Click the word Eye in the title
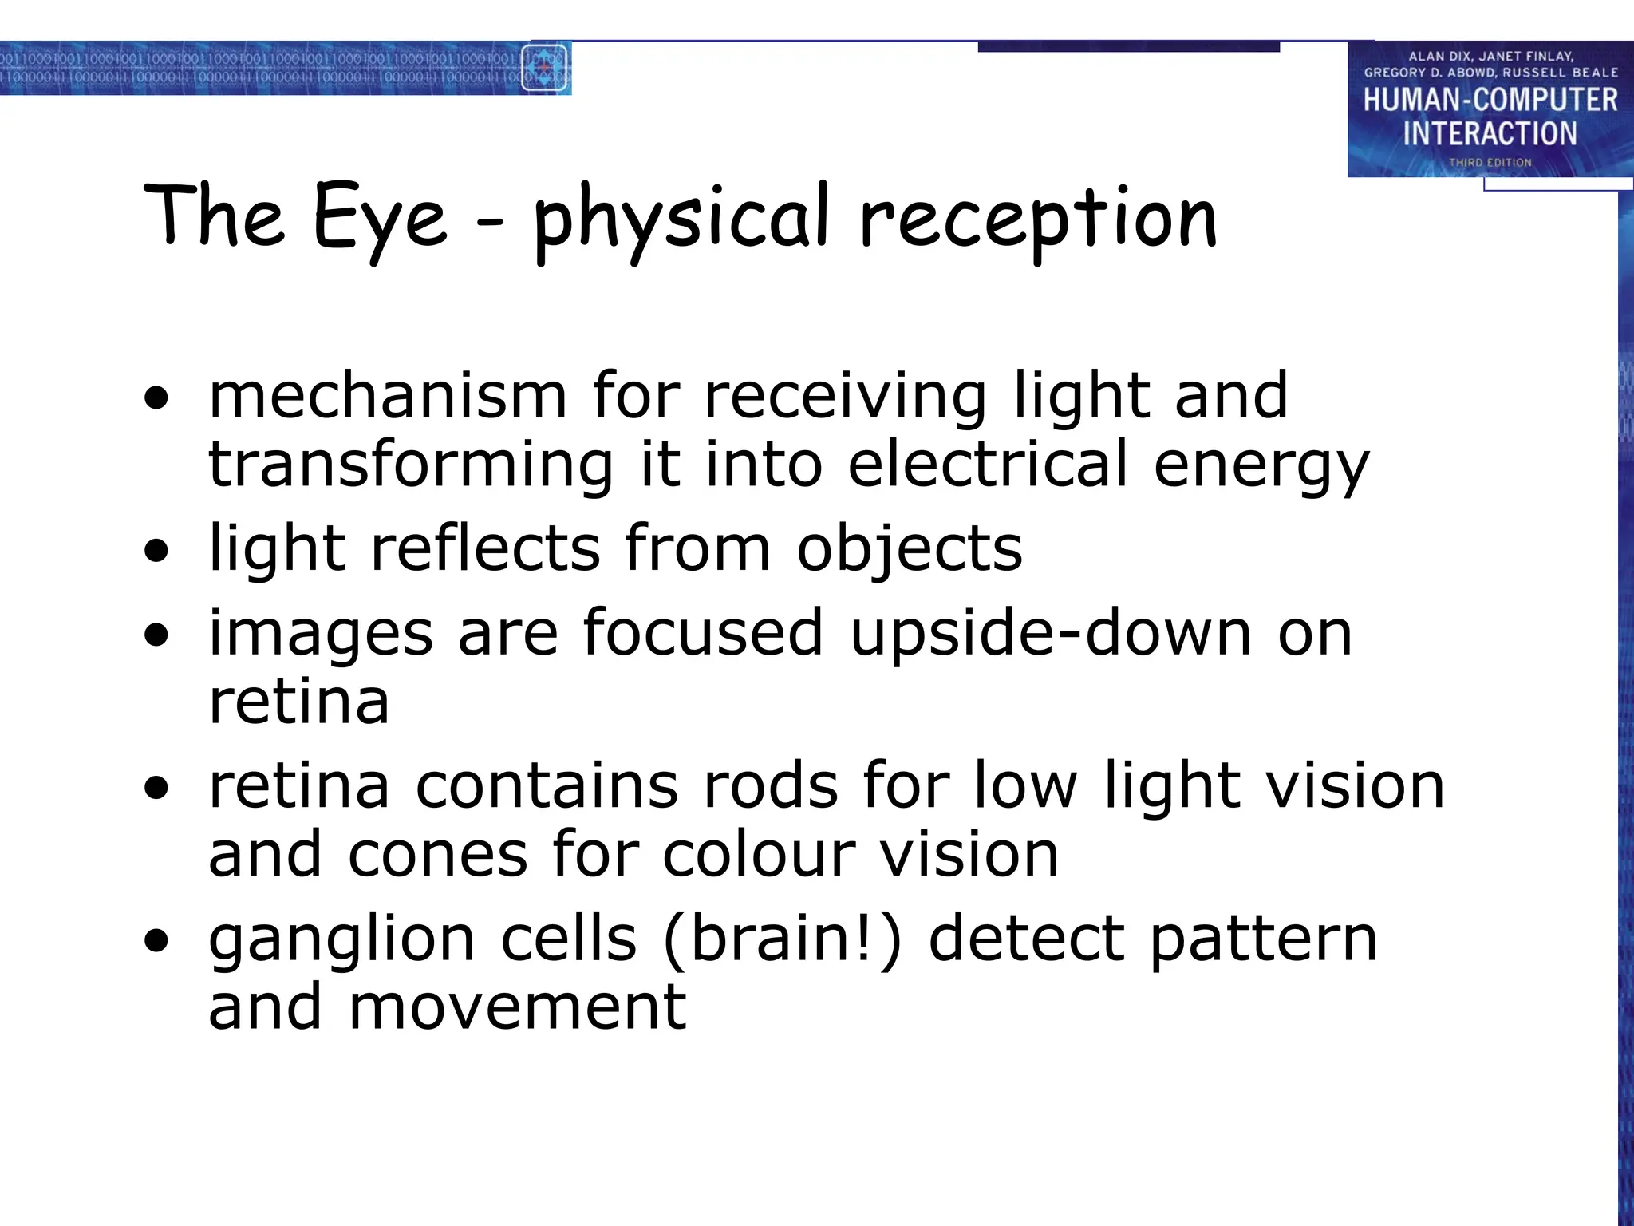coord(380,218)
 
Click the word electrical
coord(988,465)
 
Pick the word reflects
coord(485,548)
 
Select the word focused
coord(702,633)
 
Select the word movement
coord(517,1007)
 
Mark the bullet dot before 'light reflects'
coord(157,550)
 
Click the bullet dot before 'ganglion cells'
coord(157,941)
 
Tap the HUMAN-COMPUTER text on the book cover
coord(1490,100)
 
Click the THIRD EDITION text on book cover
coord(1490,162)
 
